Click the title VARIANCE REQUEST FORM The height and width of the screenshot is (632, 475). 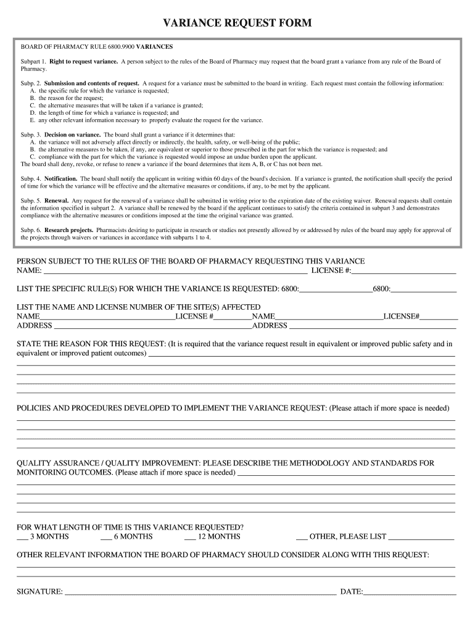pos(238,23)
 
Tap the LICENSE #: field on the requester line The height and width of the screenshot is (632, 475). pos(403,271)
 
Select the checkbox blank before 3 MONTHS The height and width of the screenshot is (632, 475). pos(22,537)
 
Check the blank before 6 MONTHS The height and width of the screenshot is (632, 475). pos(105,537)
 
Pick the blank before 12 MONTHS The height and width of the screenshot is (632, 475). pos(189,537)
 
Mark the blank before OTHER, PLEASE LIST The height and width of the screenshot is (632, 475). pos(302,537)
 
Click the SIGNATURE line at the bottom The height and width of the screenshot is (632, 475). pos(200,592)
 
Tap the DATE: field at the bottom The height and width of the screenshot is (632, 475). pos(410,592)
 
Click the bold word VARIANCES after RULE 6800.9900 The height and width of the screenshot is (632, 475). pos(154,47)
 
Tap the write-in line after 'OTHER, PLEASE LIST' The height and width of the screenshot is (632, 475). pos(422,537)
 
